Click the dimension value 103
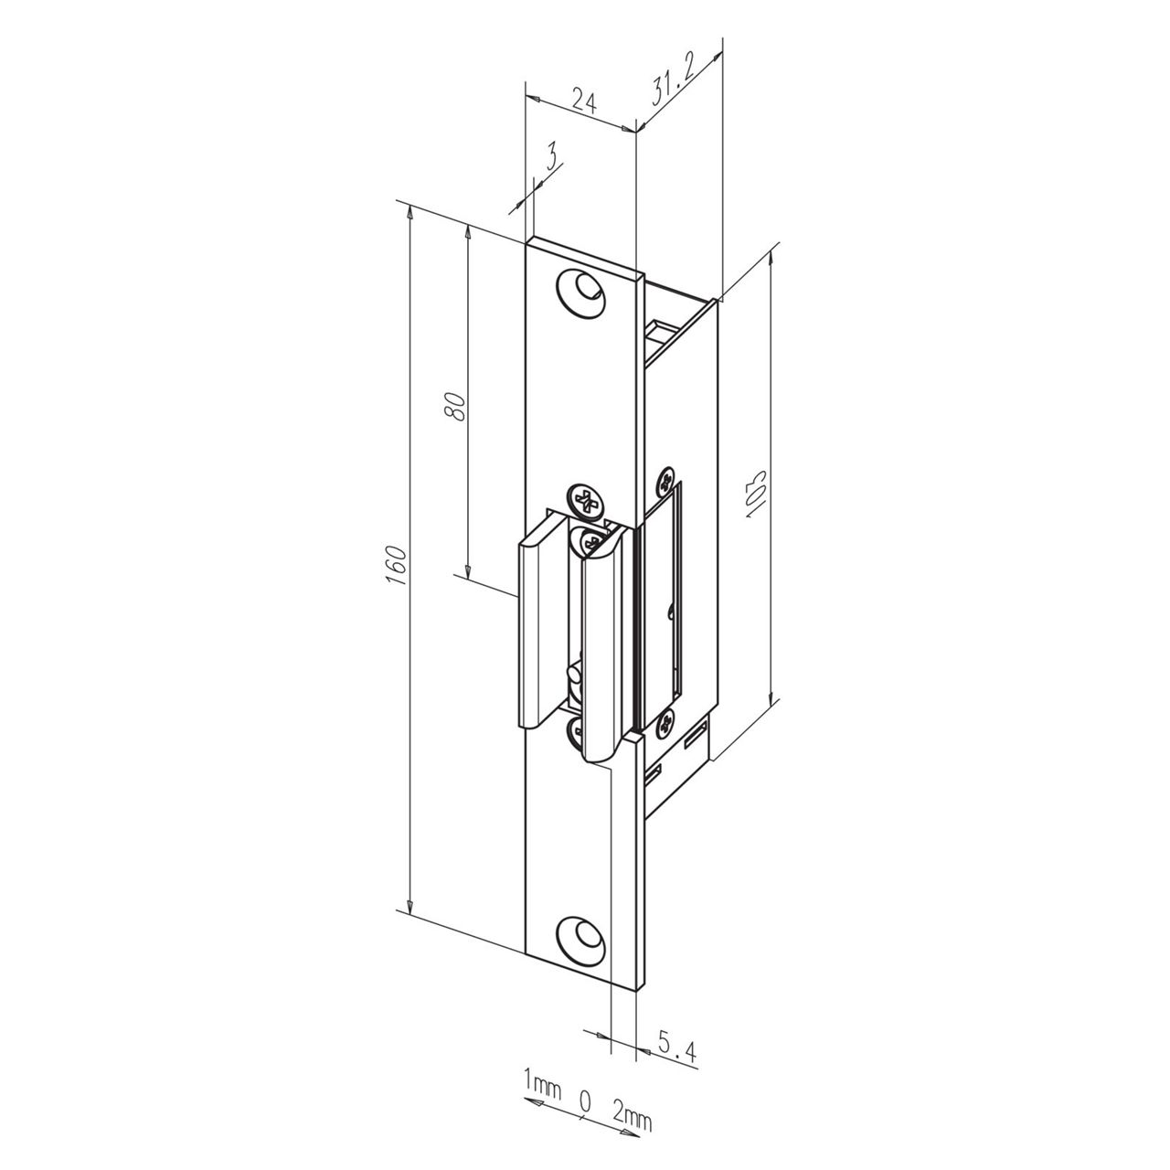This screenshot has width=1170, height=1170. (757, 495)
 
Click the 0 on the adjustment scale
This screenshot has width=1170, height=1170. (585, 1101)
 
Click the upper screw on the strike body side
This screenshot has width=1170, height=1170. (665, 481)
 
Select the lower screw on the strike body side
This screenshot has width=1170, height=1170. (665, 723)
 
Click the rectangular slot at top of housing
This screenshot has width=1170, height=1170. (660, 330)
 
